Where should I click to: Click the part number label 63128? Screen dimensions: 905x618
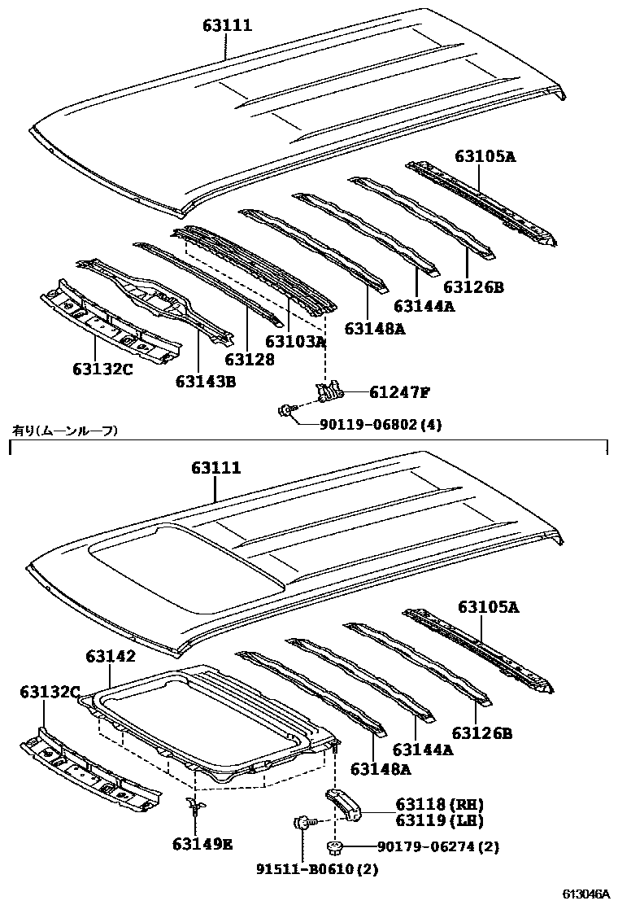coord(250,359)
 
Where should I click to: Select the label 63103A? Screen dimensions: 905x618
coord(296,342)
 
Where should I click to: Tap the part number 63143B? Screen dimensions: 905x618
coord(205,379)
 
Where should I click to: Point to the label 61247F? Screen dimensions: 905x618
coord(398,393)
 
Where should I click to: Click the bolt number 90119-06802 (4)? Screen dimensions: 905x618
coord(371,424)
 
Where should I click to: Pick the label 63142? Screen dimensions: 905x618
coord(111,656)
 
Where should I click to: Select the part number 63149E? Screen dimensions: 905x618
coord(202,844)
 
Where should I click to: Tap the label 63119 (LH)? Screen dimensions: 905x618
coord(429,820)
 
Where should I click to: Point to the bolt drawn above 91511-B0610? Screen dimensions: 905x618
coord(300,824)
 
